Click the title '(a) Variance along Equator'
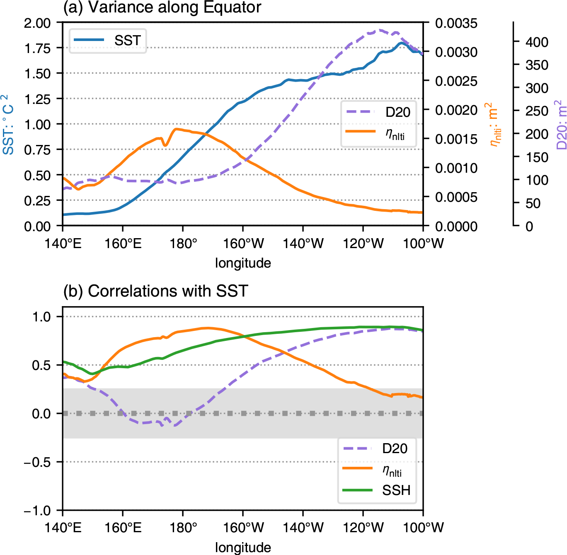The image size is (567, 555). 162,7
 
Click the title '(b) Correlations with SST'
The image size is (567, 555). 155,291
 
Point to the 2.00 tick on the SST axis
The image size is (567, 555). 37,23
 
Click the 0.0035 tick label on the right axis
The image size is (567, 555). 456,23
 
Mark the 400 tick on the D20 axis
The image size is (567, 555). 537,42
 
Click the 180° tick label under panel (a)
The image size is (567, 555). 183,244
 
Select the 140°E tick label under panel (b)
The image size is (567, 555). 63,528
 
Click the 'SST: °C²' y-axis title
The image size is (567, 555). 8,125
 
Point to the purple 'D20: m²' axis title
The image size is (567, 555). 562,125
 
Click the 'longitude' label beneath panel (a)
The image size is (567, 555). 243,263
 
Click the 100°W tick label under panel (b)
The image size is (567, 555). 423,528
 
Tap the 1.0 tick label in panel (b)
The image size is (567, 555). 41,317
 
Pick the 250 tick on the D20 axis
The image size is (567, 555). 537,111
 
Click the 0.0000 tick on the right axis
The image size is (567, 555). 456,227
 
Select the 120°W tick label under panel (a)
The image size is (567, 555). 363,244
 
